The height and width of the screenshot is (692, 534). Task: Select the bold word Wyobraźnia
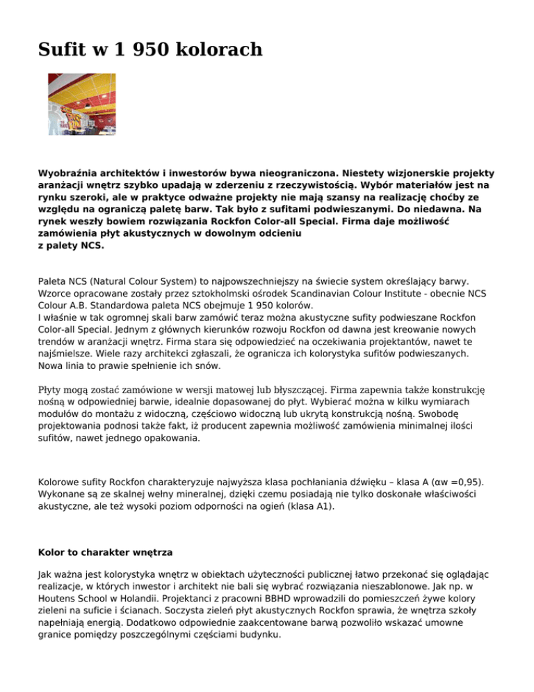click(74, 172)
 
